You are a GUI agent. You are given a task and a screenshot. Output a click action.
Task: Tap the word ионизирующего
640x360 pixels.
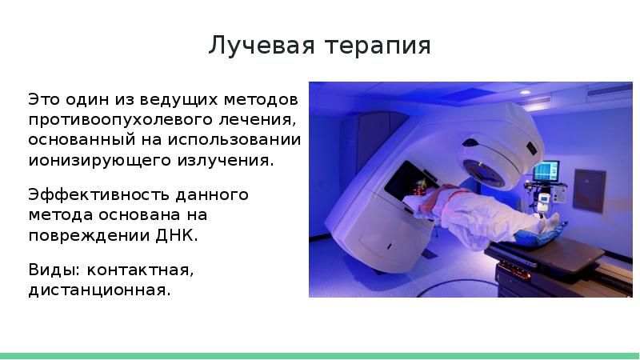(x=98, y=159)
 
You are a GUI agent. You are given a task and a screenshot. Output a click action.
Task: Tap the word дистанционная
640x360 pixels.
(x=99, y=290)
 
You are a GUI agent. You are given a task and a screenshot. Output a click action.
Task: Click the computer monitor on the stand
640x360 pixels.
(x=546, y=170)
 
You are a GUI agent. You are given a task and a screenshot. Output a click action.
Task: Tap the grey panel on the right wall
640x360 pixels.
(x=589, y=189)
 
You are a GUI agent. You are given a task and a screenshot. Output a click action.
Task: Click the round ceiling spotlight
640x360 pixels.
(x=525, y=91)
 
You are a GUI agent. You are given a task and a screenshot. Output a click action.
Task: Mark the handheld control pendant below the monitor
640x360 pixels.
(x=544, y=201)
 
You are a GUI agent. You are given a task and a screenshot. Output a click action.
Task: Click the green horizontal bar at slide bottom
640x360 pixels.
(x=320, y=354)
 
